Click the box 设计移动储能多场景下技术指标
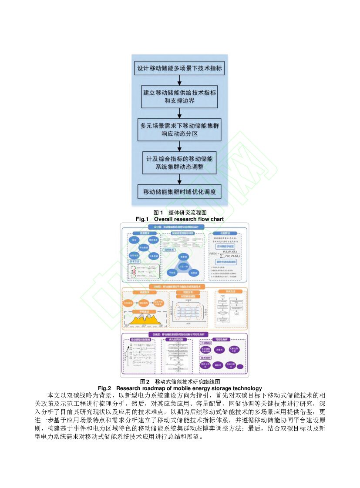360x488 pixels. pos(180,68)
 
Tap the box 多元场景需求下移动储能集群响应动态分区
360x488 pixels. pos(180,130)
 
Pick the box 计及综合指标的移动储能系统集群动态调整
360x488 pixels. pos(180,162)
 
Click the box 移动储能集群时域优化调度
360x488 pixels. pos(180,191)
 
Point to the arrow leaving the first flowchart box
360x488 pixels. pos(180,80)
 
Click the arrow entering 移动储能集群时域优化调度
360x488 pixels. pos(180,179)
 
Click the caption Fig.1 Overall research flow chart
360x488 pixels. pos(180,219)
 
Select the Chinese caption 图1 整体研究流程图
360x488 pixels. pos(180,212)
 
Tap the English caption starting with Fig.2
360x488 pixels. pos(180,388)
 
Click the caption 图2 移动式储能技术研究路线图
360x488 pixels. pos(180,381)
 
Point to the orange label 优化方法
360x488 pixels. pos(230,292)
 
